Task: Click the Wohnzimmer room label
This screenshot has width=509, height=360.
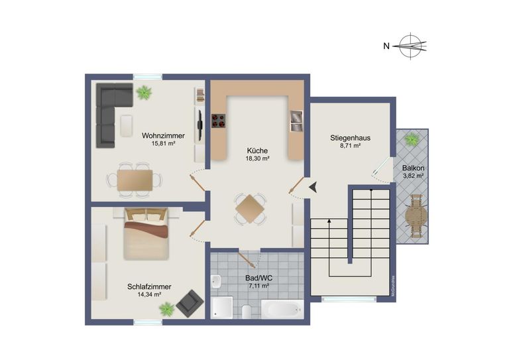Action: pyautogui.click(x=163, y=136)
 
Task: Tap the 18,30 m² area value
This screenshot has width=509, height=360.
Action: pyautogui.click(x=257, y=158)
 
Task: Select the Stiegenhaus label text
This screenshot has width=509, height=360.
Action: pyautogui.click(x=350, y=138)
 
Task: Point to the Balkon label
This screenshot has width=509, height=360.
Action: pyautogui.click(x=414, y=168)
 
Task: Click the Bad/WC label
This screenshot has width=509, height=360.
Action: pyautogui.click(x=258, y=278)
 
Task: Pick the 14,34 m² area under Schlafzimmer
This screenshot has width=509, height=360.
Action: pyautogui.click(x=149, y=295)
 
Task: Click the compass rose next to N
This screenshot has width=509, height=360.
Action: pyautogui.click(x=412, y=46)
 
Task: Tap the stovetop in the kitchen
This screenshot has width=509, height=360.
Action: pyautogui.click(x=219, y=121)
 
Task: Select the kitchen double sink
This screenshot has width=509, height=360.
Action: pyautogui.click(x=296, y=121)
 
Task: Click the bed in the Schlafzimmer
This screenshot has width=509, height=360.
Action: pyautogui.click(x=146, y=234)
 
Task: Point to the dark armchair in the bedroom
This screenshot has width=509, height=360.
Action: pyautogui.click(x=190, y=304)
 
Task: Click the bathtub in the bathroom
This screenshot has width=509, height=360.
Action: pyautogui.click(x=282, y=310)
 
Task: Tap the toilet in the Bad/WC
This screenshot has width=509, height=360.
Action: pyautogui.click(x=247, y=312)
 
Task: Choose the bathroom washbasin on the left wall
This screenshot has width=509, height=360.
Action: pyautogui.click(x=216, y=282)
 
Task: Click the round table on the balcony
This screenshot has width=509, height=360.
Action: pyautogui.click(x=416, y=217)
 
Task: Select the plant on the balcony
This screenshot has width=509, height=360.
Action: pyautogui.click(x=412, y=140)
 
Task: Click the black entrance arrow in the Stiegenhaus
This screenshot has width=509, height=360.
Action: pyautogui.click(x=313, y=188)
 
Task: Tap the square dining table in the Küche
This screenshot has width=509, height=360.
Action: pyautogui.click(x=250, y=209)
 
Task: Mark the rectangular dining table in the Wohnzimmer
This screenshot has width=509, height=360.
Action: pyautogui.click(x=135, y=180)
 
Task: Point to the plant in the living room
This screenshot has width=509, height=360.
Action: pyautogui.click(x=144, y=93)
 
